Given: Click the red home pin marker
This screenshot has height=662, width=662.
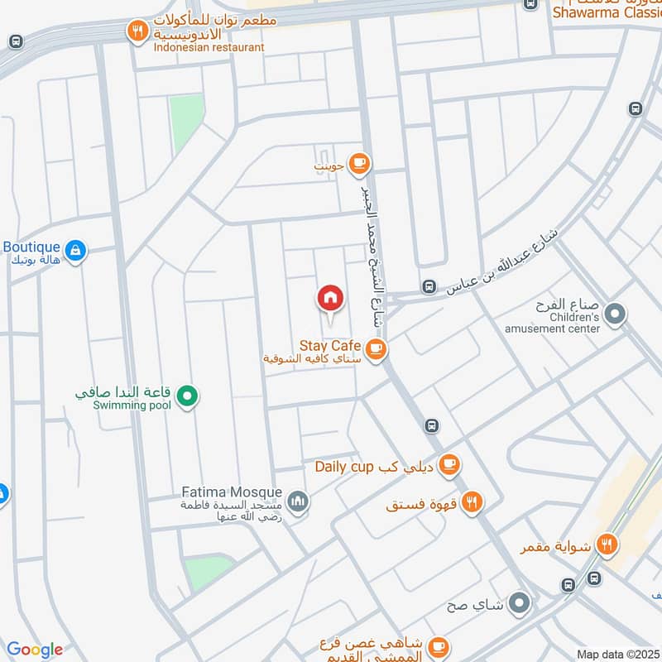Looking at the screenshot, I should (330, 298).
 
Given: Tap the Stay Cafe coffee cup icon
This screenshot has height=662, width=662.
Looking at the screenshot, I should (377, 349).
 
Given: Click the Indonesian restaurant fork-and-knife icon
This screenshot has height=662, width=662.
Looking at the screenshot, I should (137, 32).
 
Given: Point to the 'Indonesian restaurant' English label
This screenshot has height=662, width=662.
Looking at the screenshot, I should (209, 47).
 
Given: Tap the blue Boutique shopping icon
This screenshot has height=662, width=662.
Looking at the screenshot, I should (75, 250).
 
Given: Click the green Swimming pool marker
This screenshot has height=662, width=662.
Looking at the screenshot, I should (188, 397).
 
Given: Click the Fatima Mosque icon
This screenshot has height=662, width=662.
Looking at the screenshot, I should (299, 501).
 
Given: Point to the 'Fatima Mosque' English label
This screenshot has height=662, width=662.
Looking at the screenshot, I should (232, 492).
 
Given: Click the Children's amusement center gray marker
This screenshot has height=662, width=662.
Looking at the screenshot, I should (615, 314).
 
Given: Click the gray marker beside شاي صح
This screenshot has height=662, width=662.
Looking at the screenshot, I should (519, 603).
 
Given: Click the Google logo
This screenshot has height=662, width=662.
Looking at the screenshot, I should (35, 650).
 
